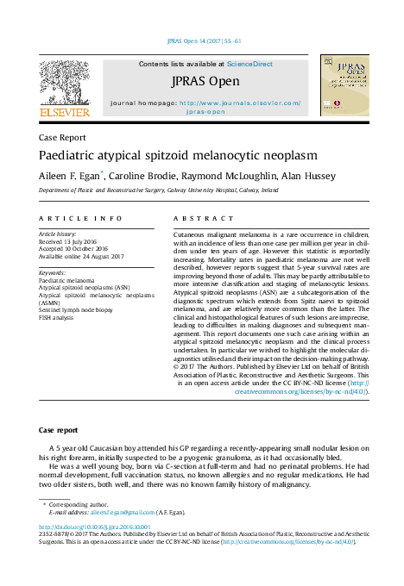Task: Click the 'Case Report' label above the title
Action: pyautogui.click(x=61, y=137)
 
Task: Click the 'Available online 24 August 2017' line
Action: pyautogui.click(x=83, y=257)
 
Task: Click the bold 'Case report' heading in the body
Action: pyautogui.click(x=58, y=429)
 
